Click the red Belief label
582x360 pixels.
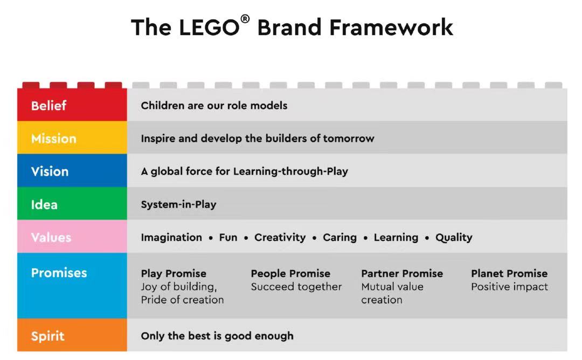point(48,106)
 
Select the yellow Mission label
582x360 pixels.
point(54,139)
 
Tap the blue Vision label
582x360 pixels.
point(50,171)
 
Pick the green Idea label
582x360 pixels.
point(44,204)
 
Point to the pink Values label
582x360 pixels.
point(51,238)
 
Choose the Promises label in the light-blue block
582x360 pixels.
point(59,273)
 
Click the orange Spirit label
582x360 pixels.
point(47,336)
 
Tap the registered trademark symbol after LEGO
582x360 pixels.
point(245,19)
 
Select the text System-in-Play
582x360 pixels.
point(178,204)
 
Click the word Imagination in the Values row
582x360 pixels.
point(171,238)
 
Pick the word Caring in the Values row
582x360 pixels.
point(339,238)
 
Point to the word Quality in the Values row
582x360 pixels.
point(454,238)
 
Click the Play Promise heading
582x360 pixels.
point(174,274)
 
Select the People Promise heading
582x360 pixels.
point(290,274)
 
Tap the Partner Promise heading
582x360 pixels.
point(402,274)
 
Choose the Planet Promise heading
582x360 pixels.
point(509,274)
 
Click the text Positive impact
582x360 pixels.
point(510,287)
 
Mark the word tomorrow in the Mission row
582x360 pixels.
point(349,139)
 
